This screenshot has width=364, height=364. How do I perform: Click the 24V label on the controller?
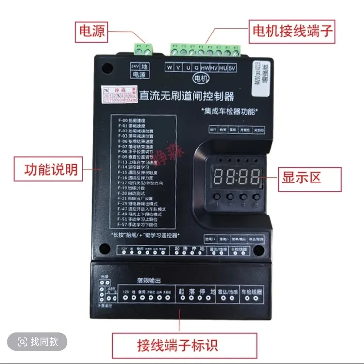point(134,66)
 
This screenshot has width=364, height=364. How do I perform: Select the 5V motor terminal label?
point(232,67)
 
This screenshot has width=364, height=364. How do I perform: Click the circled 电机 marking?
point(199,78)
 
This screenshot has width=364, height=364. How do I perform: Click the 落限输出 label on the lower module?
point(148,281)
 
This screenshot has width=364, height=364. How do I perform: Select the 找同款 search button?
point(38,342)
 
